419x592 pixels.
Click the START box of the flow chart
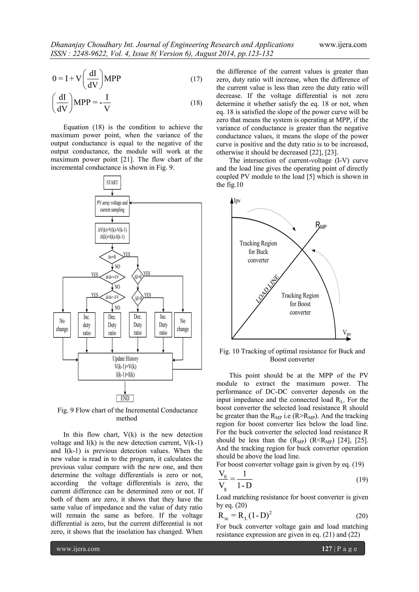(x=112, y=182)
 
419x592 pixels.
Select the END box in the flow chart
(x=125, y=398)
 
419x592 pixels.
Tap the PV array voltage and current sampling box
(x=112, y=206)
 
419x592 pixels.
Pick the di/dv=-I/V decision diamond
(x=112, y=277)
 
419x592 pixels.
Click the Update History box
(x=125, y=366)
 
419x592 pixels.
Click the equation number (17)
(x=196, y=79)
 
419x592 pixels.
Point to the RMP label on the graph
(x=321, y=226)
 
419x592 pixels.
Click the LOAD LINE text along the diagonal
(x=267, y=289)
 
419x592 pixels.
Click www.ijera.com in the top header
(x=343, y=45)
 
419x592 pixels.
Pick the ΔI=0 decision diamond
(x=138, y=277)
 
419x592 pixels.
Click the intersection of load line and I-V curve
(x=302, y=249)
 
